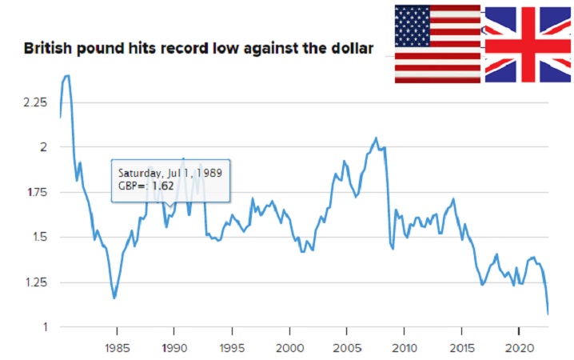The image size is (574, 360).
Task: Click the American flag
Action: (x=437, y=44)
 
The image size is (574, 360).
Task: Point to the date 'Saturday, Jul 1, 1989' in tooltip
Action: (x=169, y=172)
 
